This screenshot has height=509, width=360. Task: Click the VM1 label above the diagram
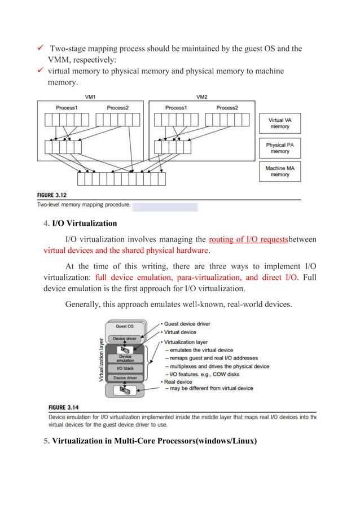[90, 96]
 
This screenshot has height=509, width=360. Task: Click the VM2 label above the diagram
[202, 96]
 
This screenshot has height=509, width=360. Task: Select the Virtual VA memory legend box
[280, 124]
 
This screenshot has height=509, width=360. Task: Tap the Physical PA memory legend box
[280, 148]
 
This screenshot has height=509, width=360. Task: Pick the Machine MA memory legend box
[280, 171]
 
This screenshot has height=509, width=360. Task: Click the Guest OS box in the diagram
[125, 326]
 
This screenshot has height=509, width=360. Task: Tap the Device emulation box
[125, 357]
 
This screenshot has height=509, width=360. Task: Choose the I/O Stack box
[125, 368]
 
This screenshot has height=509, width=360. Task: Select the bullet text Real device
[178, 381]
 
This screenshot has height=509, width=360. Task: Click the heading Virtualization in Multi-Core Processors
[154, 441]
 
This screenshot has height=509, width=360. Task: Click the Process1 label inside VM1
[67, 108]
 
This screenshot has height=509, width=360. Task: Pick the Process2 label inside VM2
[227, 108]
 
